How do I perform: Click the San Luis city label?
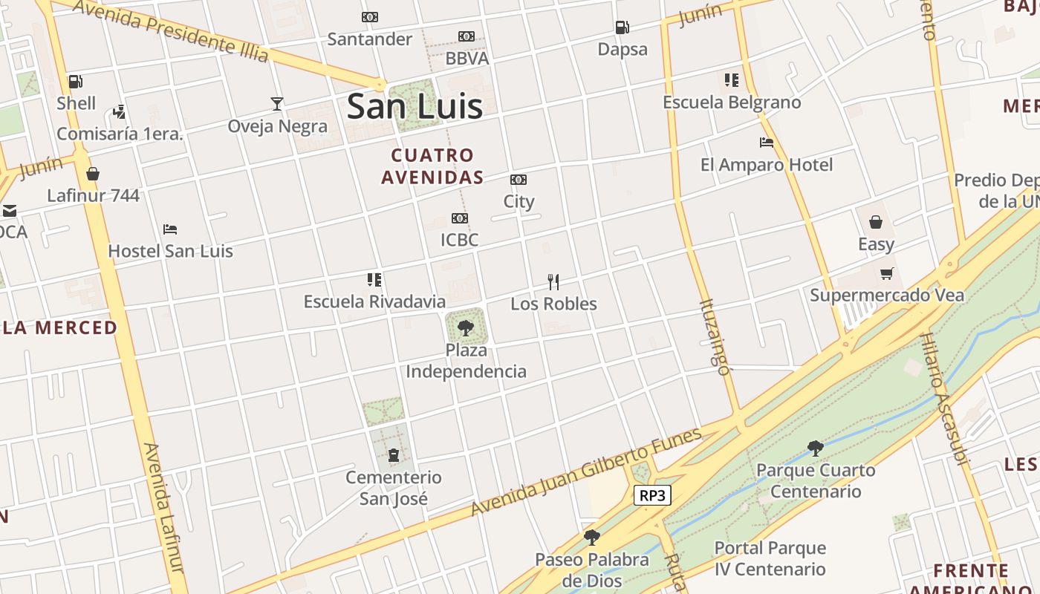pos(415,106)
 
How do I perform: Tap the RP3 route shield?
pos(652,495)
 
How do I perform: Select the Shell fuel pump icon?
pos(75,82)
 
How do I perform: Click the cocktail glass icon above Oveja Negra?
pos(277,104)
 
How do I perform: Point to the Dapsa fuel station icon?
pos(622,28)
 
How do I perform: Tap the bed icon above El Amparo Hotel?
pos(767,143)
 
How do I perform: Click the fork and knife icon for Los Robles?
pos(553,282)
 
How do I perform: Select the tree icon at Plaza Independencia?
pos(466,327)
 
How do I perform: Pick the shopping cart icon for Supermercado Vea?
pos(886,274)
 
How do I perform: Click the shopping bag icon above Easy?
pos(876,222)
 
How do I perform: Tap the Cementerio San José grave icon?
pos(394,454)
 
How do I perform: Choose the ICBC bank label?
pos(459,240)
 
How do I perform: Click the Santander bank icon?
pos(369,17)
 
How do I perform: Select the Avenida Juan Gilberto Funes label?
pos(587,472)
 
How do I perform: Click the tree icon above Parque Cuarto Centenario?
pos(815,448)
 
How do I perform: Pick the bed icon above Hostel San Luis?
pos(170,229)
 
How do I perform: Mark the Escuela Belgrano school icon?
pos(732,80)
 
